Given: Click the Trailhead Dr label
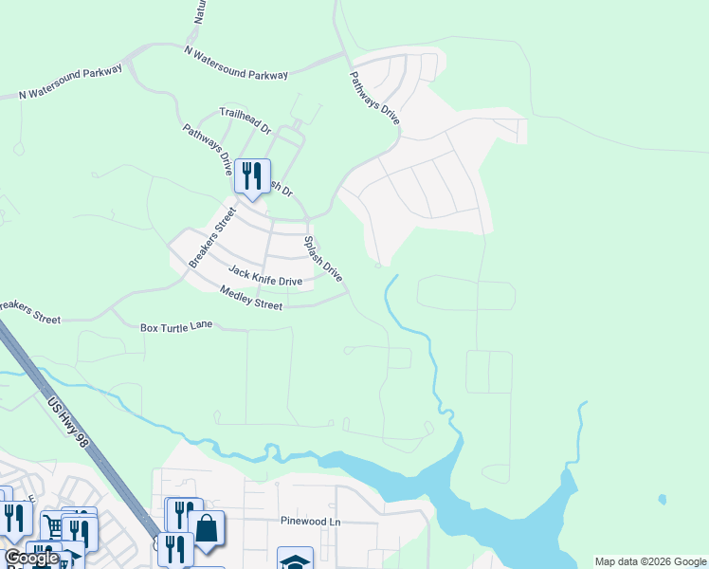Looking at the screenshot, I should (x=245, y=118).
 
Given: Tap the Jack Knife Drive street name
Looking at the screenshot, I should (x=264, y=276).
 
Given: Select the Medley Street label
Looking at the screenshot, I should (x=251, y=298).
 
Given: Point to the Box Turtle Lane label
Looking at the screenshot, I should (x=178, y=327).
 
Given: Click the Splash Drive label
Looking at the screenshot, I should (x=322, y=257).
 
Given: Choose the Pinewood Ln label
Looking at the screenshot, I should (x=309, y=522).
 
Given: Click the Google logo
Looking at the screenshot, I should (x=31, y=559).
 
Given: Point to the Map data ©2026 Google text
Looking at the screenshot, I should (x=650, y=561).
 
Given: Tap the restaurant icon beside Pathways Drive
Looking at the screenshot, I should (x=252, y=175).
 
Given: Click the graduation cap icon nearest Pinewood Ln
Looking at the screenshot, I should (x=295, y=560).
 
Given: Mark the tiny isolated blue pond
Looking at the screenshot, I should (x=661, y=499).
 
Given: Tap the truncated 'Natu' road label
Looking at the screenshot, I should (x=199, y=12).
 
